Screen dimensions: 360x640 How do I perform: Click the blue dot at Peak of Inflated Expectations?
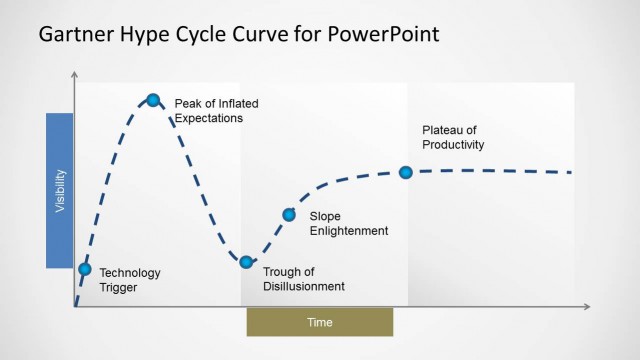[153, 99]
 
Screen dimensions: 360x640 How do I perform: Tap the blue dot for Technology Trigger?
[84, 268]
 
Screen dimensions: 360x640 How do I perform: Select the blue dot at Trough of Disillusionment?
[246, 262]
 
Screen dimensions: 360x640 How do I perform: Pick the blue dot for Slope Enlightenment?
[289, 214]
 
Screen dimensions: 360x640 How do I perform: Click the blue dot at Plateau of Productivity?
[406, 172]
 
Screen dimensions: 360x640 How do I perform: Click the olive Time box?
[320, 322]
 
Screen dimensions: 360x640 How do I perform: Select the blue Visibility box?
[60, 190]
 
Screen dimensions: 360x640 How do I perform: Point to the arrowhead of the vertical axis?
[75, 75]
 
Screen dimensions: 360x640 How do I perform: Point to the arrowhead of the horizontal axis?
[587, 307]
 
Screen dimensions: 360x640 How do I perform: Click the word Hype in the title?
[150, 35]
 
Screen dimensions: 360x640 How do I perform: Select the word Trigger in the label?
[118, 287]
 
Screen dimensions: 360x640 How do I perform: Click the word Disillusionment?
[304, 286]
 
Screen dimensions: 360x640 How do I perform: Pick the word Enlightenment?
[349, 231]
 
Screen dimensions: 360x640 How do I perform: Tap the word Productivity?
[453, 145]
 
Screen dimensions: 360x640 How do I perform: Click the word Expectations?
[209, 117]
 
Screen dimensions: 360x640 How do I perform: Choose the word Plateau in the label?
[443, 130]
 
